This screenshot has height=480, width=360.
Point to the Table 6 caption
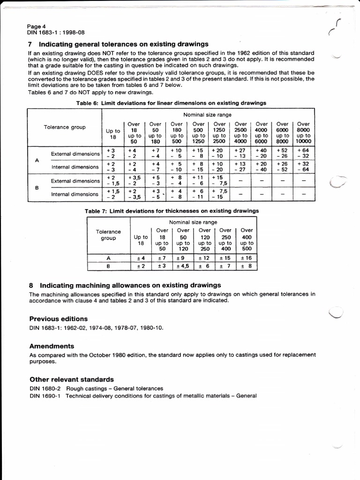171,103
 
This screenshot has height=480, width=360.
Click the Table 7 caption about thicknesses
172,211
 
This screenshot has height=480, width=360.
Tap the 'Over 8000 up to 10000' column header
303,133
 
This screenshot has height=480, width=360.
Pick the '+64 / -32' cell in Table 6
303,153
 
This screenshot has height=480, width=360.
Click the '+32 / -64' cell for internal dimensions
303,167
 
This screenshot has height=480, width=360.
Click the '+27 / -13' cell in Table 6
240,153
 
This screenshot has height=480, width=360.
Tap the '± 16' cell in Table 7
246,258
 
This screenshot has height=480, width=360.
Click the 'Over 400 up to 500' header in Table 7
247,240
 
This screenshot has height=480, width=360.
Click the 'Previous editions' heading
58,319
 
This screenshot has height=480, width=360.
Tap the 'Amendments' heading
52,346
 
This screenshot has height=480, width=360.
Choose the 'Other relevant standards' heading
71,379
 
